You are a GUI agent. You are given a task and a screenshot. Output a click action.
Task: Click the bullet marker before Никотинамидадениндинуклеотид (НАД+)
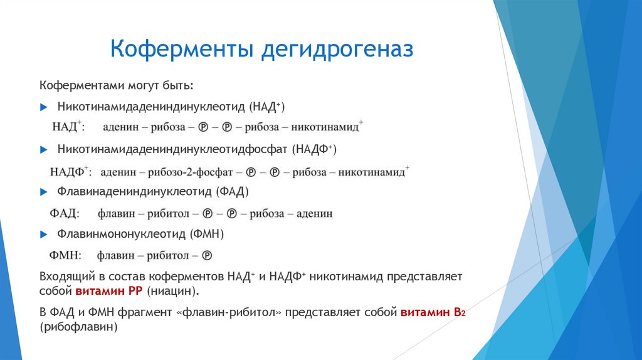click(x=43, y=107)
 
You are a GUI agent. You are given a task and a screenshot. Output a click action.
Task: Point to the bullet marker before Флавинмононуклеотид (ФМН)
click(x=43, y=234)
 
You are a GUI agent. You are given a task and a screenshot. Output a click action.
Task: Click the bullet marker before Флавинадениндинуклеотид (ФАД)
click(x=43, y=191)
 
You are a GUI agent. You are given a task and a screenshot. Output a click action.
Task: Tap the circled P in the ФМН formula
click(x=207, y=256)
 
